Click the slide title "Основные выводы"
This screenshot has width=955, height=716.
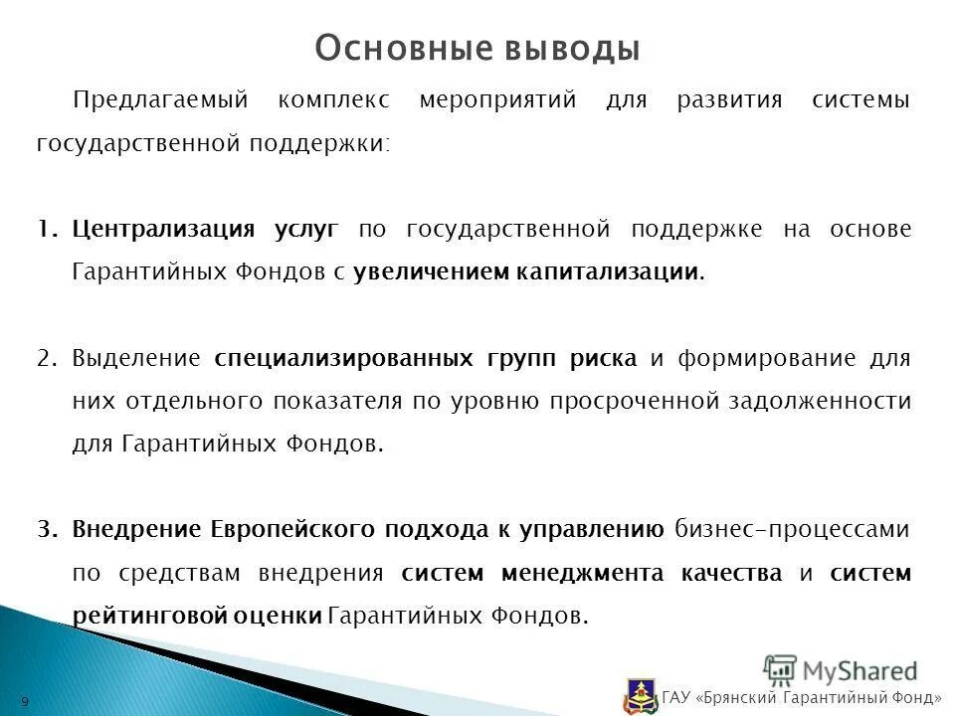(x=477, y=48)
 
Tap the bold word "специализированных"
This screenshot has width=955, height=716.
(x=343, y=358)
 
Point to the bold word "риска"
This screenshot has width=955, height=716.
(x=603, y=358)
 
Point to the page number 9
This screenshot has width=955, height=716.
(x=25, y=702)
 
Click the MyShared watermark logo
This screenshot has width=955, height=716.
(x=841, y=669)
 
